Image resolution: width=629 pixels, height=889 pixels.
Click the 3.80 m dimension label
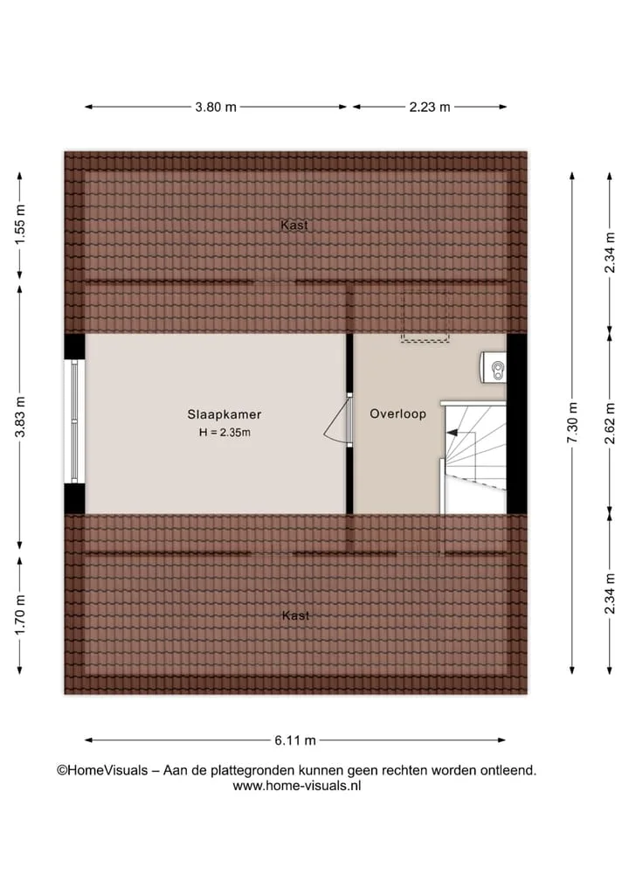[x=216, y=107]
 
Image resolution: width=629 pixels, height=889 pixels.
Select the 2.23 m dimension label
[x=430, y=107]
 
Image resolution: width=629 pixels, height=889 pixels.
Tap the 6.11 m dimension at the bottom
[x=295, y=740]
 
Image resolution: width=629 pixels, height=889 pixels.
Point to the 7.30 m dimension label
[x=572, y=423]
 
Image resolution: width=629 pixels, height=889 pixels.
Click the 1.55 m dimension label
[x=20, y=225]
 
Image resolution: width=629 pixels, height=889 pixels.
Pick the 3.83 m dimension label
[x=20, y=417]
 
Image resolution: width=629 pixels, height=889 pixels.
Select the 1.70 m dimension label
[x=20, y=615]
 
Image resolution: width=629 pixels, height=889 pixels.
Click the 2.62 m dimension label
[x=610, y=423]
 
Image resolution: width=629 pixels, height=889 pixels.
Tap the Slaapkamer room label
[x=225, y=414]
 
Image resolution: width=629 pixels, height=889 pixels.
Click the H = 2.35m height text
[x=225, y=433]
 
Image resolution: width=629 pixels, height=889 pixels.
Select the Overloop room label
[x=397, y=413]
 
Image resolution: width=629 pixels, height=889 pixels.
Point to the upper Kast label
[x=294, y=225]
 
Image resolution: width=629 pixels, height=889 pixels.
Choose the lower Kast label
[x=295, y=615]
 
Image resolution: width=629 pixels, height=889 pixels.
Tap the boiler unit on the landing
[x=493, y=367]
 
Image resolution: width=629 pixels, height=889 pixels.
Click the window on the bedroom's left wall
[x=73, y=421]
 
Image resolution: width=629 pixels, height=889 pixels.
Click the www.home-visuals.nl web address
[x=296, y=786]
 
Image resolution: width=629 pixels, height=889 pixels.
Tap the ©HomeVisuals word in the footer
[x=102, y=770]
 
